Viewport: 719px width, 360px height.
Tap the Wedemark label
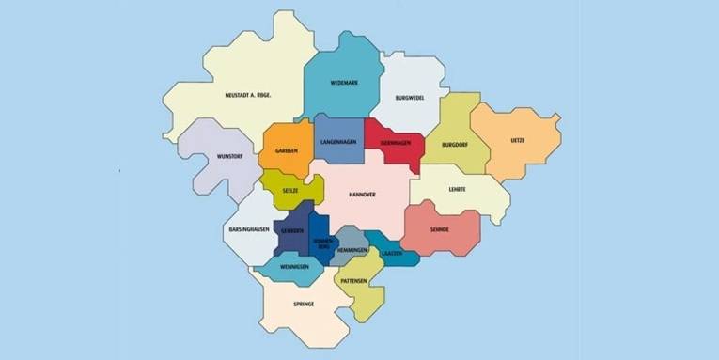341,83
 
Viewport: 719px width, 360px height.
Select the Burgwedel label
410,98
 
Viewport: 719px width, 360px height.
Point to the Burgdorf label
454,145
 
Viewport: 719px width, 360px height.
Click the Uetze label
517,140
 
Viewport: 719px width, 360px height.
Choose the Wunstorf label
230,157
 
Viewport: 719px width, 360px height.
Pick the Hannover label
362,195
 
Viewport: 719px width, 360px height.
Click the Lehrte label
457,189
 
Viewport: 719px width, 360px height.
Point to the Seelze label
290,188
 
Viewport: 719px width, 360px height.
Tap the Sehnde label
439,229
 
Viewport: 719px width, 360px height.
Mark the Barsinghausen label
249,229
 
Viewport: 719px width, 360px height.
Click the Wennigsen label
294,267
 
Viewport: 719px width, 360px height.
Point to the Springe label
303,305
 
